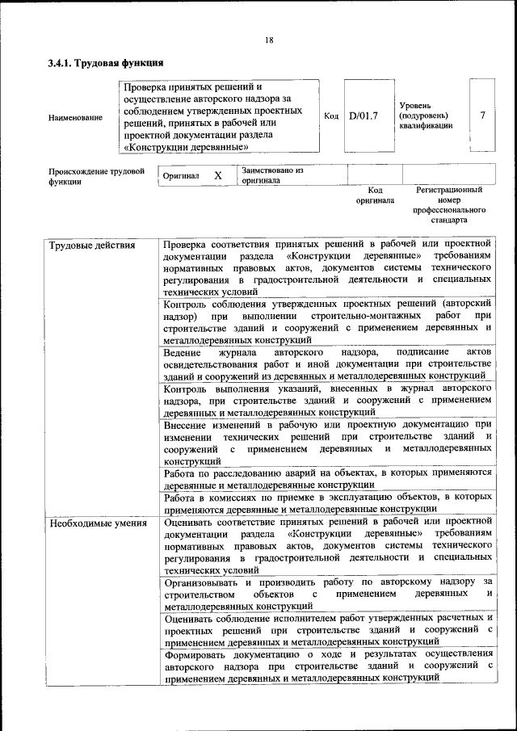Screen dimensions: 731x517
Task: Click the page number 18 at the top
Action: pos(269,40)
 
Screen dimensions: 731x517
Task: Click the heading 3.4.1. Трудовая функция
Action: pos(106,62)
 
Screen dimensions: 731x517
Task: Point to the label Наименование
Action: pos(75,118)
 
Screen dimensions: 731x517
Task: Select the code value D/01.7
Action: pos(364,116)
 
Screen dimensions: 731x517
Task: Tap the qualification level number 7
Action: pos(482,116)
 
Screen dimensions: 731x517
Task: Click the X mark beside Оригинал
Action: pos(217,175)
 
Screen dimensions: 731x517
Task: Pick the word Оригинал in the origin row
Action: pos(181,175)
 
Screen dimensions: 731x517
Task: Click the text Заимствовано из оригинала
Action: pos(271,176)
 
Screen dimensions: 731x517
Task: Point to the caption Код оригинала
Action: pos(374,195)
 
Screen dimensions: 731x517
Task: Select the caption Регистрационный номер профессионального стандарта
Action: pos(449,204)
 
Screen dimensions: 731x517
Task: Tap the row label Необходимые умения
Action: pos(98,523)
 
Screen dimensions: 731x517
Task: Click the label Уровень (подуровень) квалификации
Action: pos(426,116)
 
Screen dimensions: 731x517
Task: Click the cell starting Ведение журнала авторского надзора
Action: pos(326,366)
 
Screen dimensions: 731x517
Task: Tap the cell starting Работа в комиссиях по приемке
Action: pos(326,502)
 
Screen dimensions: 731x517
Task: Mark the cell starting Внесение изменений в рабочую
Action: pos(326,441)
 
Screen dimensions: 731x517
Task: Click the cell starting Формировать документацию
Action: pos(326,666)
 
